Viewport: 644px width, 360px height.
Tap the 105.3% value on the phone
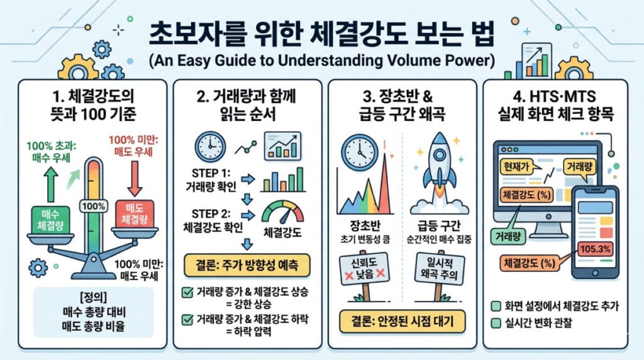(x=595, y=249)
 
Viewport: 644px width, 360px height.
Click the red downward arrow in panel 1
(x=135, y=178)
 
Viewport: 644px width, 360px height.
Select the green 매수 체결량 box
(x=50, y=220)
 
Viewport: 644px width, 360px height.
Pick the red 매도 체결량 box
(x=135, y=214)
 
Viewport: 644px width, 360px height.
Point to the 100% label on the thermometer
(x=94, y=206)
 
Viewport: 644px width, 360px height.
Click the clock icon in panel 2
(x=210, y=147)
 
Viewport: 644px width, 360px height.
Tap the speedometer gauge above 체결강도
(x=282, y=213)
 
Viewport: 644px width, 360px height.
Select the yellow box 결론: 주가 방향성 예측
(x=247, y=265)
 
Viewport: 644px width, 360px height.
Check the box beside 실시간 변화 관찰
(x=496, y=323)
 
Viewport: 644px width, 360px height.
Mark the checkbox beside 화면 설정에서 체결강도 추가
(x=496, y=306)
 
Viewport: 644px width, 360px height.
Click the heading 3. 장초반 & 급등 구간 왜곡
(x=402, y=104)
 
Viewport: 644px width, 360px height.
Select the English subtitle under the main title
(x=321, y=60)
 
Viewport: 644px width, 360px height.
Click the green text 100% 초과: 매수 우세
(x=52, y=152)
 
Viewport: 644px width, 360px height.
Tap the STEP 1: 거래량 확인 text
(x=211, y=180)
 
